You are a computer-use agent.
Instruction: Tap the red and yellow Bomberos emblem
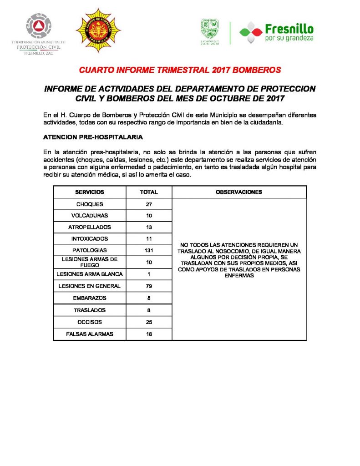(x=98, y=30)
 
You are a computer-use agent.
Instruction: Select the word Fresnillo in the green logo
(x=289, y=29)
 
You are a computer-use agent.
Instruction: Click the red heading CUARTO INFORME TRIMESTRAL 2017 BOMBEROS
(x=180, y=71)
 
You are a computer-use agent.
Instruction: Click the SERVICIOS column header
(x=90, y=192)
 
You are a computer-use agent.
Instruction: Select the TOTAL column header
(x=149, y=192)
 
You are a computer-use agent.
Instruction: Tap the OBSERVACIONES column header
(x=239, y=192)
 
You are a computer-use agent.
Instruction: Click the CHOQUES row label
(x=90, y=204)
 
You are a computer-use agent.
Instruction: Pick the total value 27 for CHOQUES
(x=149, y=204)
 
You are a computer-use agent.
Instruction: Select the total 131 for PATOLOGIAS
(x=149, y=250)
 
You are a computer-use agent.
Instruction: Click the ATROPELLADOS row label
(x=90, y=227)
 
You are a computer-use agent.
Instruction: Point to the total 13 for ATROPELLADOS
(x=149, y=227)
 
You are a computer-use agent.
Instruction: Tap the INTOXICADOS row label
(x=90, y=238)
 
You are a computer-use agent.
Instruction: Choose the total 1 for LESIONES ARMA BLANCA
(x=149, y=274)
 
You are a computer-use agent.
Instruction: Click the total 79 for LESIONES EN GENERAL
(x=149, y=286)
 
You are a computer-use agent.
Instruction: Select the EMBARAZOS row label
(x=90, y=298)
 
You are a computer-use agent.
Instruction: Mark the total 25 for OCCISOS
(x=149, y=322)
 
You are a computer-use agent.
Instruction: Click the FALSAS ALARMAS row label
(x=90, y=334)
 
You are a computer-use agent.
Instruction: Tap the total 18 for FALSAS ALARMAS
(x=149, y=334)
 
